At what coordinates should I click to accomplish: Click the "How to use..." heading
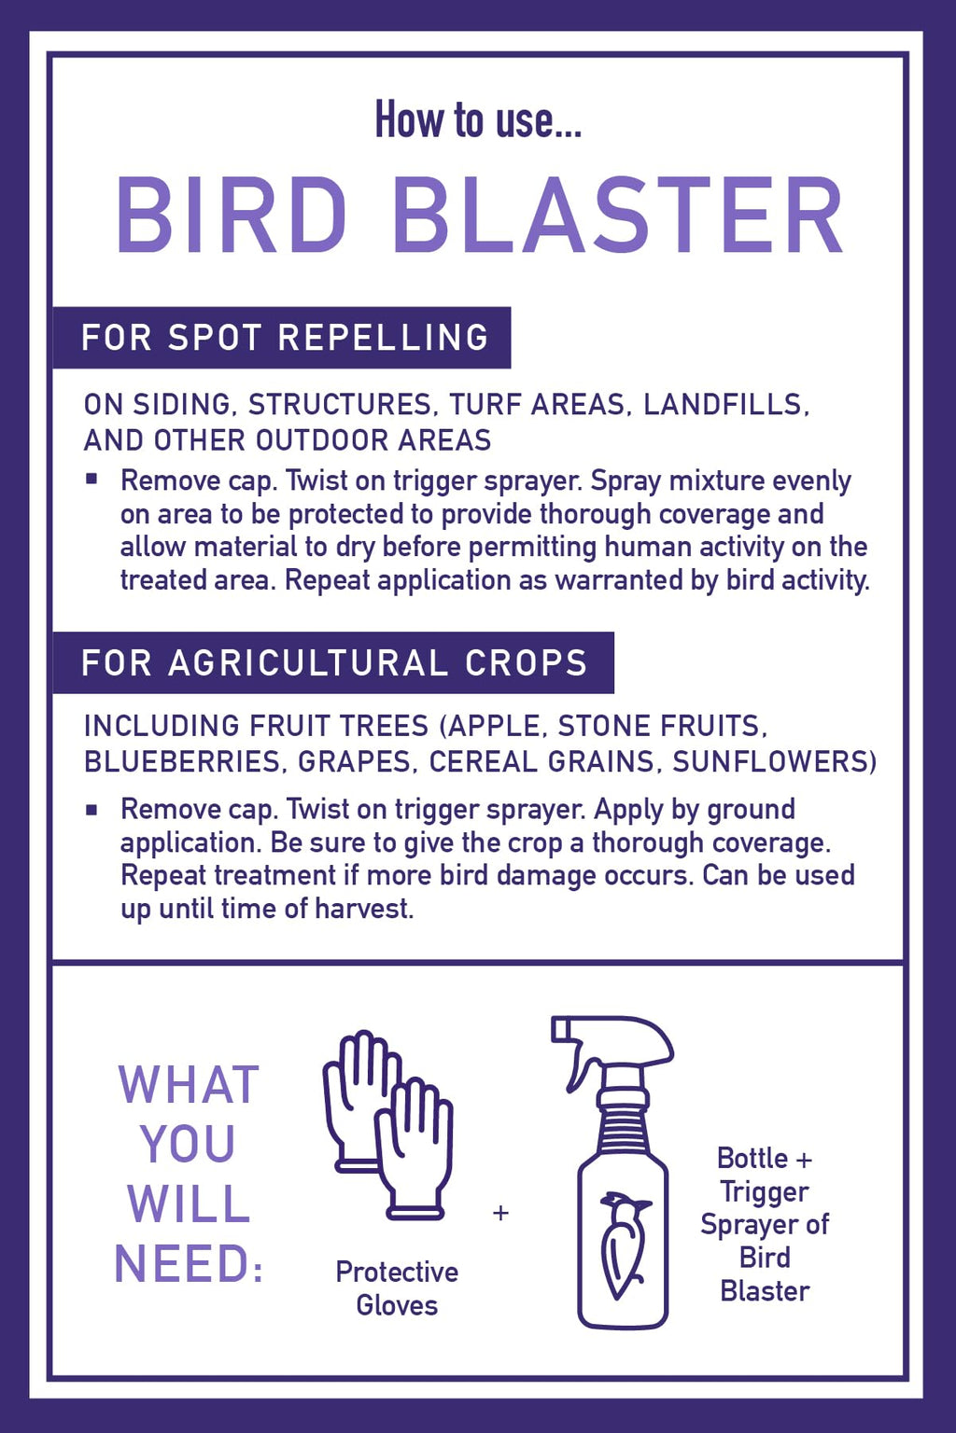[x=478, y=120]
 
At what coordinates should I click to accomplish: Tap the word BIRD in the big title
[x=232, y=215]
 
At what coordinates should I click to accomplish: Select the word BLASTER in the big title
[x=617, y=215]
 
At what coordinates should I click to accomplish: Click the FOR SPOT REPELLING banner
[x=282, y=338]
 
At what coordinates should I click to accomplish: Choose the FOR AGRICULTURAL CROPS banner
[x=333, y=662]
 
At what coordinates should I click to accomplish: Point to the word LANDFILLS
[x=726, y=404]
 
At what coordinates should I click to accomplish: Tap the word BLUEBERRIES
[x=182, y=761]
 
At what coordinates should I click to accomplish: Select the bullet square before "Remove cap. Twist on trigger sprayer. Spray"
[x=91, y=480]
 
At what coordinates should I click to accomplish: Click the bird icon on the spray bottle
[x=623, y=1246]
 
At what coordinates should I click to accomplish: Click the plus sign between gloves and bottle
[x=500, y=1212]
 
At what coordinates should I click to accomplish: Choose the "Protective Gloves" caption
[x=397, y=1289]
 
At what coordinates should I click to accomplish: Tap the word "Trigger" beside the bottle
[x=765, y=1191]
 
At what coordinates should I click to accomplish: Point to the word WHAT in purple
[x=189, y=1085]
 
